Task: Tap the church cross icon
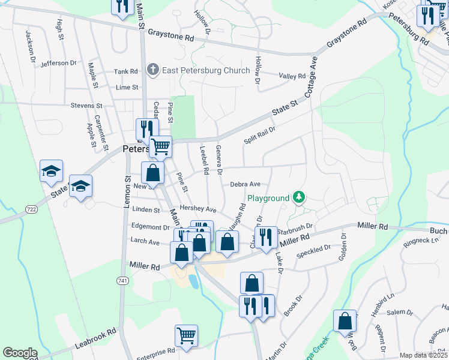tap(153, 70)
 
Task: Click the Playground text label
tap(268, 198)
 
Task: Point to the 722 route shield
tap(31, 208)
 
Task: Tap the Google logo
tap(20, 353)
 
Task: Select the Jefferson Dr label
tap(59, 62)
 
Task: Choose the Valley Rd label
tap(292, 76)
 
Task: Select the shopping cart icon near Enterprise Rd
tap(187, 337)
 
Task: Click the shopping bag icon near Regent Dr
tap(345, 322)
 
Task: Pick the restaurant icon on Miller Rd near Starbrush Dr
tap(266, 238)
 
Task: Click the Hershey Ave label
tap(202, 209)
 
